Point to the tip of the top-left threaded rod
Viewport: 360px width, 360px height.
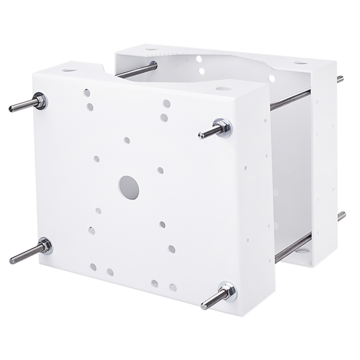[x=11, y=108]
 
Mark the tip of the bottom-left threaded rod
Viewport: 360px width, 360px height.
[x=11, y=260]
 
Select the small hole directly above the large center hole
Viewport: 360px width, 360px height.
[x=127, y=139]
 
